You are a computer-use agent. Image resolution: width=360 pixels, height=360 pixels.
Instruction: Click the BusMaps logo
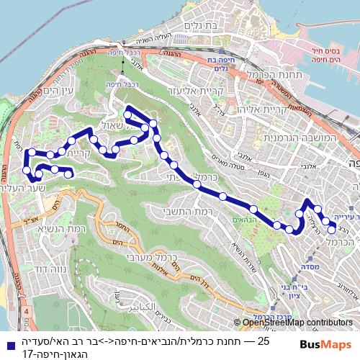tap(326, 343)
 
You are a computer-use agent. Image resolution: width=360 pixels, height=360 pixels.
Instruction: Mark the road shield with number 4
tap(27, 311)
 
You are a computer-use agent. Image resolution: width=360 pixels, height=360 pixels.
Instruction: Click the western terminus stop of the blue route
tap(69, 174)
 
